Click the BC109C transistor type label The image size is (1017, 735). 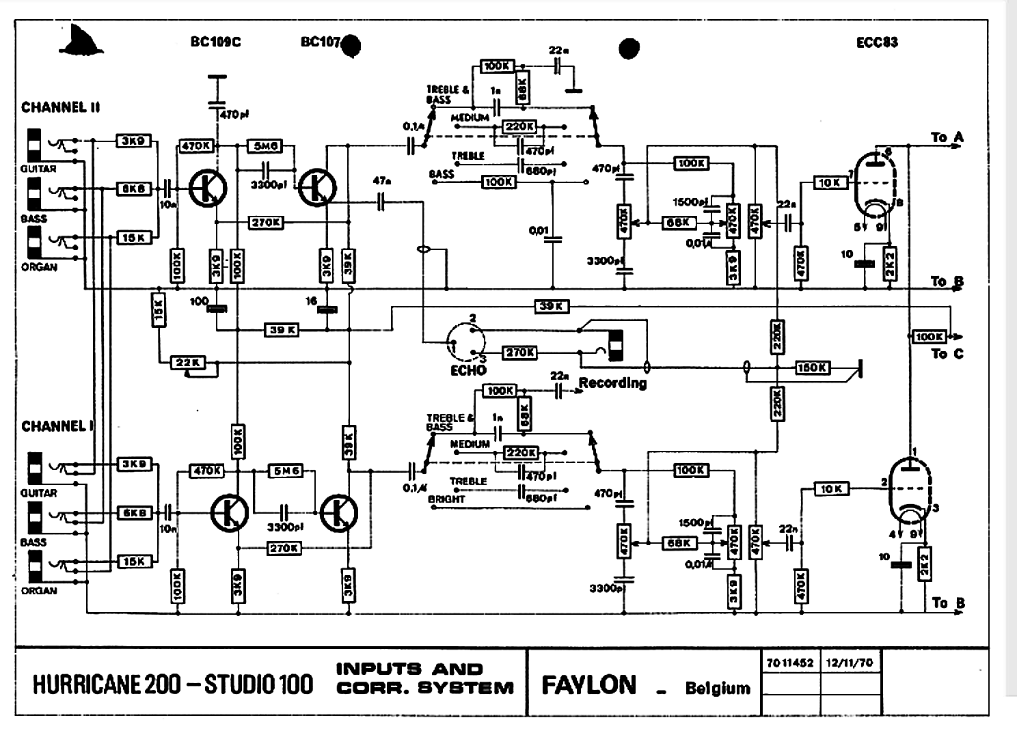[x=215, y=42]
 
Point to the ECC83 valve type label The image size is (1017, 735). [x=877, y=42]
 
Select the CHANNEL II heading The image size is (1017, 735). [x=61, y=107]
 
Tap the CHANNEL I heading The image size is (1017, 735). [x=57, y=426]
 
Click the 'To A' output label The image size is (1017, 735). [x=947, y=137]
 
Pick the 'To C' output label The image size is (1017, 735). [x=947, y=354]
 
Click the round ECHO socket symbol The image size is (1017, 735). [x=466, y=342]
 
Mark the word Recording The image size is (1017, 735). [x=612, y=383]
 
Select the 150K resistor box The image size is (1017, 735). [x=812, y=368]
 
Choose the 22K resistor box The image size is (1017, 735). [x=187, y=362]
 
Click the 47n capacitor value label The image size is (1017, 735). [x=382, y=182]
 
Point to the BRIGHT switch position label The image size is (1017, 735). [x=446, y=499]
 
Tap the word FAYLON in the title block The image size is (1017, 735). [x=588, y=685]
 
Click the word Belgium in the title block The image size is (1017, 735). [x=718, y=688]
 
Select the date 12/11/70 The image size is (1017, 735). [x=844, y=663]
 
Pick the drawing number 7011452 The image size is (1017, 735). [x=790, y=663]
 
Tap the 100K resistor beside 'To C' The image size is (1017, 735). [x=929, y=337]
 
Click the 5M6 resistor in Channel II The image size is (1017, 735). [x=266, y=146]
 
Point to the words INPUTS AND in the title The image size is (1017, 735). [x=409, y=669]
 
